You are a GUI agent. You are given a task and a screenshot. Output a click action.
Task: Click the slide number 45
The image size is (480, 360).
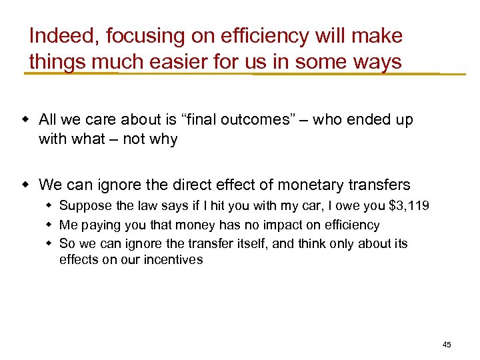(x=447, y=345)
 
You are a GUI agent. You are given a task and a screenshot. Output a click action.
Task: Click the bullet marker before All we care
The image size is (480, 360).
(x=25, y=120)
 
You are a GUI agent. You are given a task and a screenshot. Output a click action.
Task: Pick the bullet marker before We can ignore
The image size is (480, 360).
(x=25, y=185)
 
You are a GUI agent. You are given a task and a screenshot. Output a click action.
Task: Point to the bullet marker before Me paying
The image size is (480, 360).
(x=49, y=225)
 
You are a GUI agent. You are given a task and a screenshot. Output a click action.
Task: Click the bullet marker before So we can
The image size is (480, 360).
(x=49, y=243)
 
